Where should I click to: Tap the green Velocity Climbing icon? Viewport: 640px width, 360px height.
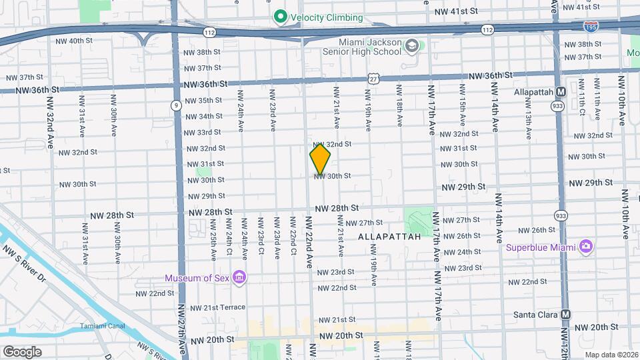point(281,17)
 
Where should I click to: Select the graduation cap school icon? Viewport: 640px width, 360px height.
point(411,45)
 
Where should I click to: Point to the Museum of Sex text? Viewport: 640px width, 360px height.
point(198,277)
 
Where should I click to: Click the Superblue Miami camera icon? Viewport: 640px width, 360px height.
point(586,247)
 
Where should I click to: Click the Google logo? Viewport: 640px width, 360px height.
point(22,351)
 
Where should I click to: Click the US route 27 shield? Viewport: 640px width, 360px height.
point(374,79)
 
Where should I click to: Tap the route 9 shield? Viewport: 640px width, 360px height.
point(175,105)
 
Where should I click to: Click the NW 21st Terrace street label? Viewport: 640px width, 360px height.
point(217,307)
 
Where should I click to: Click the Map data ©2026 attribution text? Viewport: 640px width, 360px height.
point(610,354)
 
